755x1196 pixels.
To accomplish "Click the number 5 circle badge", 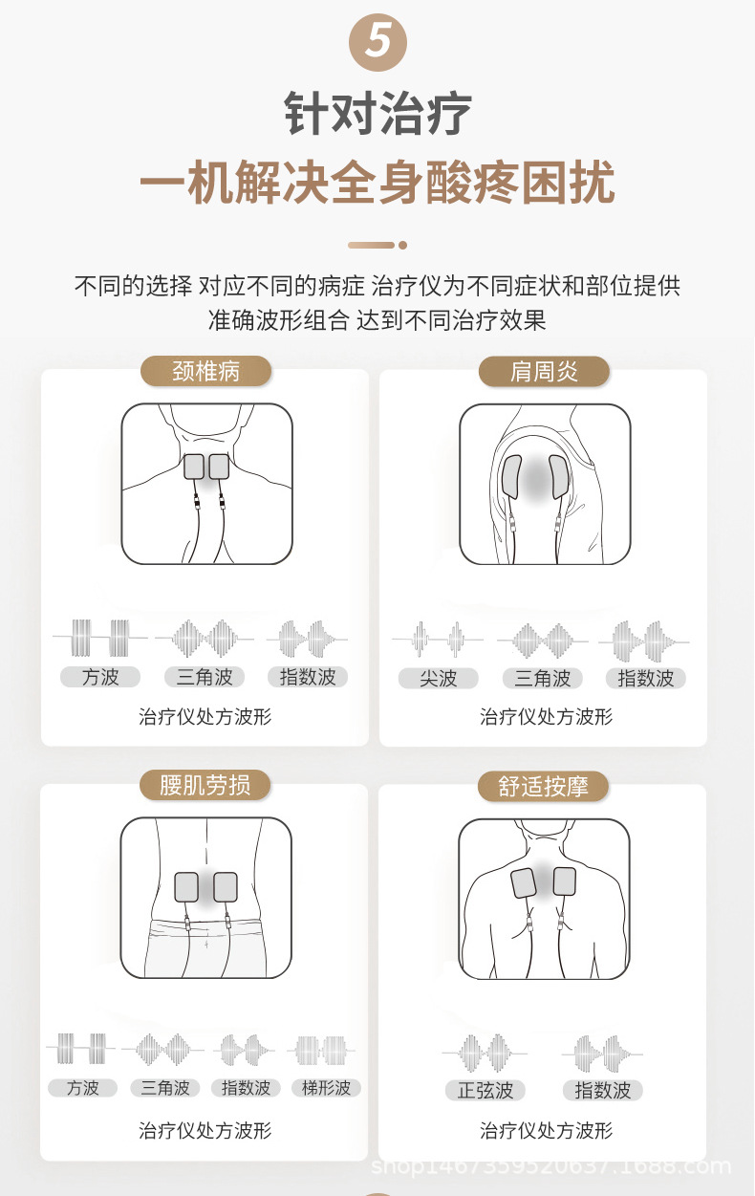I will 377,42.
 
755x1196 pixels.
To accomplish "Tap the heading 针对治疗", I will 377,114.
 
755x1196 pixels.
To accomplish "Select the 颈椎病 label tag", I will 205,371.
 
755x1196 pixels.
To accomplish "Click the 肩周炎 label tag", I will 544,371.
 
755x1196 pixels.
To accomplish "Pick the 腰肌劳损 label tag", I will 205,786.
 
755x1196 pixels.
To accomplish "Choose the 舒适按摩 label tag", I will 544,787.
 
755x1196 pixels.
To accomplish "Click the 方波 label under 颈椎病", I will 100,677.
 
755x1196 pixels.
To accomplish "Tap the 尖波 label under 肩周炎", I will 439,679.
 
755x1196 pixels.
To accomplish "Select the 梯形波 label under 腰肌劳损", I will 326,1088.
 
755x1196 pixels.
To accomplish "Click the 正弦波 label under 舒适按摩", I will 485,1090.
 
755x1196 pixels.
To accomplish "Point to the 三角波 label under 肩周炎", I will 543,679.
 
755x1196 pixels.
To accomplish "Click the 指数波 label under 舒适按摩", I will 603,1090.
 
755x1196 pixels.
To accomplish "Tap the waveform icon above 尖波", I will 439,639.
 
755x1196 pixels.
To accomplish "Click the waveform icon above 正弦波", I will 485,1053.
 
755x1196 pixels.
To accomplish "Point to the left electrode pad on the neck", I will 196,466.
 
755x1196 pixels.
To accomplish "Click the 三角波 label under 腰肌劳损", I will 164,1088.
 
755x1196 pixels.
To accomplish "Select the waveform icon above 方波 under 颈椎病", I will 100,637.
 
